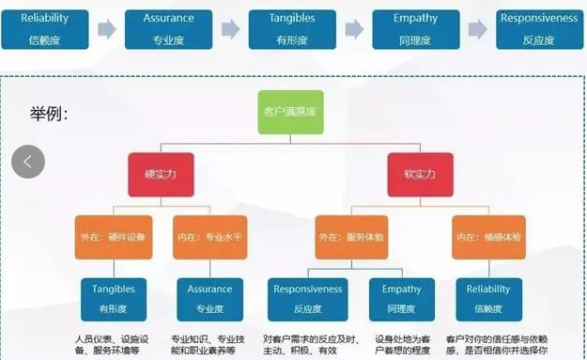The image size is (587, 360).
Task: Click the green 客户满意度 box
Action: pos(290,112)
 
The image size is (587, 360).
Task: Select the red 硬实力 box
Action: pos(161,174)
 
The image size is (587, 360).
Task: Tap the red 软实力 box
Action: pos(420,174)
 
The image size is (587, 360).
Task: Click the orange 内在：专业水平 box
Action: pos(209,237)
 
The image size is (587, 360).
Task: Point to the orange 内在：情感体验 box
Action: pos(487,237)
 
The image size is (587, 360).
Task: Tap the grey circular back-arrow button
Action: pos(28,162)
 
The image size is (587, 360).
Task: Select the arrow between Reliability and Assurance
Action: pos(107,29)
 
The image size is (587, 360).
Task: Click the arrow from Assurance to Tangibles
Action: pos(230,29)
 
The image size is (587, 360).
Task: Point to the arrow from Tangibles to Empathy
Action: pos(354,29)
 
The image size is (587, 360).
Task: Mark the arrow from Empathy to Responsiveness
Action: pos(478,29)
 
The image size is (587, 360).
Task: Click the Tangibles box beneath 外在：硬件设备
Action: pos(114,299)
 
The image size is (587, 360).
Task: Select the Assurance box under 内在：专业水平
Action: pos(209,299)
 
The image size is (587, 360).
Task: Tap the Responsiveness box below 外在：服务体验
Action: pos(308,299)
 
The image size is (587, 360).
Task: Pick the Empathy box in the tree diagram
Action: pos(400,299)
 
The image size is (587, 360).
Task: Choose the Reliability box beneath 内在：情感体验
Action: pos(487,299)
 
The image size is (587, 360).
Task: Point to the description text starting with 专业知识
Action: pos(209,344)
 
